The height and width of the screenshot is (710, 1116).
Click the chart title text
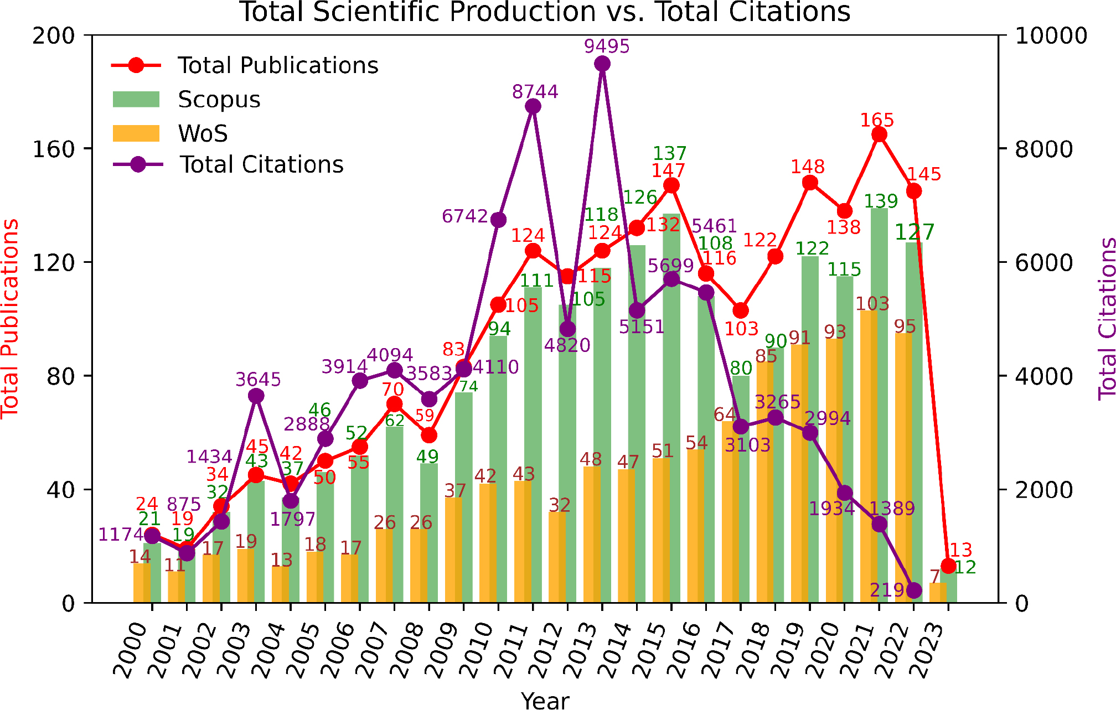pos(545,12)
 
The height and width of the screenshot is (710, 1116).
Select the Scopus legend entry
pos(219,100)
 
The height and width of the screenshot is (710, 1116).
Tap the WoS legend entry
pos(203,133)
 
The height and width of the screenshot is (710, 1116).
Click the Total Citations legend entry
pos(261,165)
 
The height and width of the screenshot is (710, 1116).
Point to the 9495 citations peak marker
pos(602,64)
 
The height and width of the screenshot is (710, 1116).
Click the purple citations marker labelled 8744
pos(533,107)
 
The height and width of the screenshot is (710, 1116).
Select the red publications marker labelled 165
pos(879,135)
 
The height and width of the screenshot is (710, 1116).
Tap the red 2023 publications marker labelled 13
pos(948,566)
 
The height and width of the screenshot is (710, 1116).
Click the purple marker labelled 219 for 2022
pos(914,590)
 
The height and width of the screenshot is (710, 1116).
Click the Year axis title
pos(545,700)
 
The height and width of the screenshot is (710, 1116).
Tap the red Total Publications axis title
pos(10,318)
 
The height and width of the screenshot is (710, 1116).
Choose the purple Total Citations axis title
pos(1106,318)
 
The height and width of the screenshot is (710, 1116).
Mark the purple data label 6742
pos(465,216)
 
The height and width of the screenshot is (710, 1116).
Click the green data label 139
pos(881,201)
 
